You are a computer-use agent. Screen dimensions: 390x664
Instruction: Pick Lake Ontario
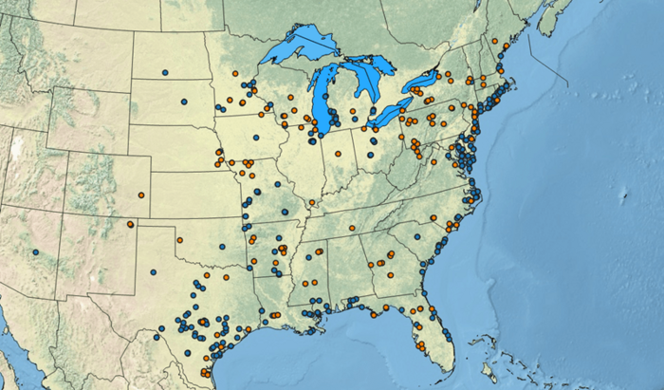(422, 84)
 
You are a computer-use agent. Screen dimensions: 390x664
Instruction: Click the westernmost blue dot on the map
(35, 252)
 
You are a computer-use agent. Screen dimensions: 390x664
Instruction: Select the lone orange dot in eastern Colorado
(141, 195)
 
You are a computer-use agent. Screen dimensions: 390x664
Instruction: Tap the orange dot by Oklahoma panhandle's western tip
(131, 225)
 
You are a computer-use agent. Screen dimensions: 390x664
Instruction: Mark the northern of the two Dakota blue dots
(165, 72)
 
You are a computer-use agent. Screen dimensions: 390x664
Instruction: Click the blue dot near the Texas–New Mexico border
(153, 272)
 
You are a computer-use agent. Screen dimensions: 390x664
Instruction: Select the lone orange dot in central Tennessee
(351, 229)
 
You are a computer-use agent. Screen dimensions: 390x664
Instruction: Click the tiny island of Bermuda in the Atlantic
(623, 196)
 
